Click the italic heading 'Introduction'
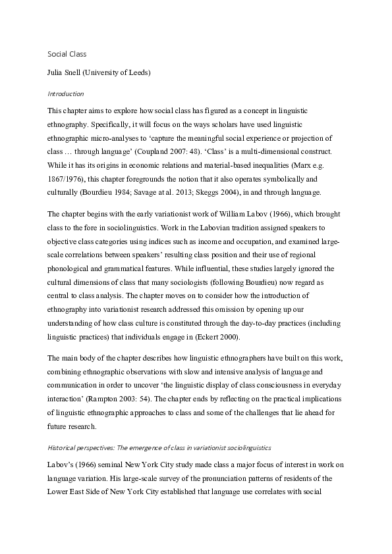pos(66,93)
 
